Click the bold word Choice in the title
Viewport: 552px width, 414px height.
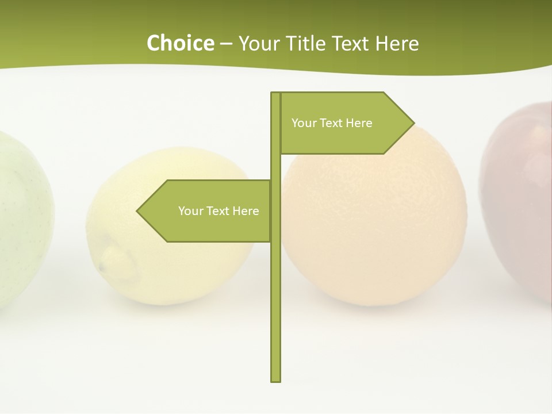click(180, 43)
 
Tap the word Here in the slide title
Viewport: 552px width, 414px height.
click(397, 43)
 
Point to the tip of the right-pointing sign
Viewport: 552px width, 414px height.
click(413, 122)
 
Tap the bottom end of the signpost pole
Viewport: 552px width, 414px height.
click(275, 379)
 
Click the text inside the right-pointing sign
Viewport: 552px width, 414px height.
click(332, 123)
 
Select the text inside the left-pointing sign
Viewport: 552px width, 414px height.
click(218, 211)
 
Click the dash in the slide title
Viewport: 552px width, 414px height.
click(226, 44)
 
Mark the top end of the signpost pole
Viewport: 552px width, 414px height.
click(275, 94)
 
